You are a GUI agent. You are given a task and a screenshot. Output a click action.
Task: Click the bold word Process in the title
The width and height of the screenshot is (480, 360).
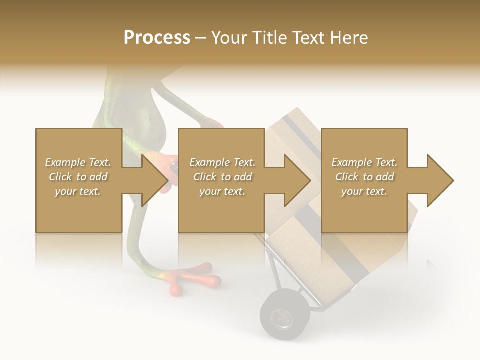157,38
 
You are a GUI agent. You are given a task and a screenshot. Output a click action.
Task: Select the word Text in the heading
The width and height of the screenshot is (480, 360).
309,38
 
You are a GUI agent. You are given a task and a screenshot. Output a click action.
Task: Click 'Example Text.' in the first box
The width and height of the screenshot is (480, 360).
78,162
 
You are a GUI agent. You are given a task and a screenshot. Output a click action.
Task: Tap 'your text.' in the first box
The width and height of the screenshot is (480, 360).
78,191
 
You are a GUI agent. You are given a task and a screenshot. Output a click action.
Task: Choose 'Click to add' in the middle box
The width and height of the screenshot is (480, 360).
222,177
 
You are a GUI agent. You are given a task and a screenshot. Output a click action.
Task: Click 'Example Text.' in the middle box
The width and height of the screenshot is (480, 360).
222,162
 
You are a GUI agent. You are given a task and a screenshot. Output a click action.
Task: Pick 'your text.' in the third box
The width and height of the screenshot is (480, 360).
364,191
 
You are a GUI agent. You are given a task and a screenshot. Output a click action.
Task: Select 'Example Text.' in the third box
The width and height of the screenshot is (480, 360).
364,162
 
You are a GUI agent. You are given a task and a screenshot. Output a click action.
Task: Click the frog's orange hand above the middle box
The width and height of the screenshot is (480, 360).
212,122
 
